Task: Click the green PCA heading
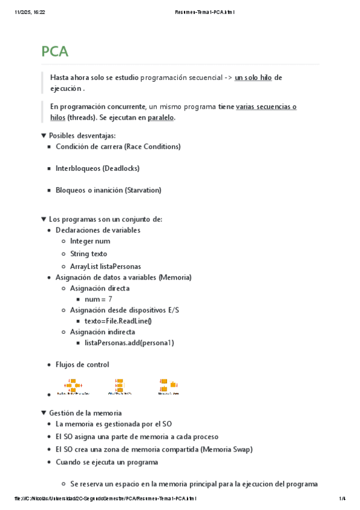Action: tap(55, 52)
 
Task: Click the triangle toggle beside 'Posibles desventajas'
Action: tap(43, 136)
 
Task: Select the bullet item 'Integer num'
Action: tap(90, 241)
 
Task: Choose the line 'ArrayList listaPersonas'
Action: tap(105, 266)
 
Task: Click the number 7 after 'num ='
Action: tap(110, 299)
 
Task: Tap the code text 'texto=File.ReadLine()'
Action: tap(118, 321)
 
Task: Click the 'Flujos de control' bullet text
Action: tap(82, 364)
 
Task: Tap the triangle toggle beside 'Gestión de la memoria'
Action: tap(43, 413)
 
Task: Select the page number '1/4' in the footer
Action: tap(343, 499)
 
